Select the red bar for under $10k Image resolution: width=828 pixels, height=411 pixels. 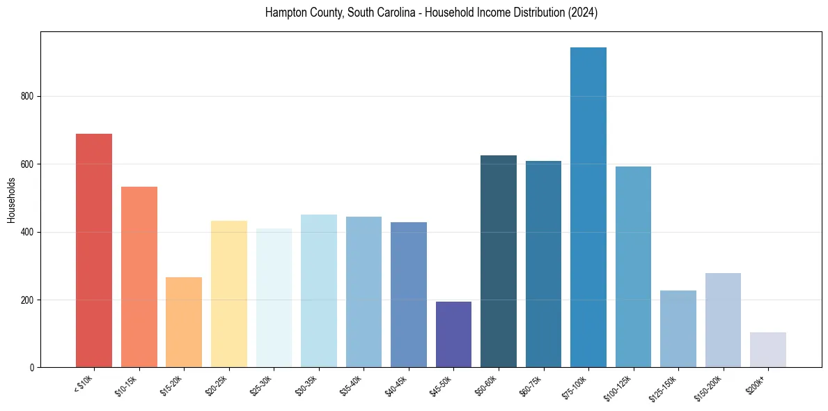coord(94,250)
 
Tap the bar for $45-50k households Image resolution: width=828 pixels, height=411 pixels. coord(453,334)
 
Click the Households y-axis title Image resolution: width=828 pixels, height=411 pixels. coord(11,200)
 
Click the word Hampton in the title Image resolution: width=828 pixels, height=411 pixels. coord(284,13)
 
